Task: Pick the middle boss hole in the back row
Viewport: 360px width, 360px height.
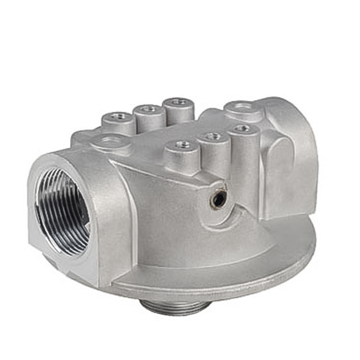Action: tap(149, 108)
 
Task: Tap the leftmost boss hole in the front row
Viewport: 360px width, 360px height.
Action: tap(183, 144)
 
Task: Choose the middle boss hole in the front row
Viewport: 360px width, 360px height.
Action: tap(212, 136)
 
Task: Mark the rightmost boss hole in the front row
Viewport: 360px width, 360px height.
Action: tap(243, 128)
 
